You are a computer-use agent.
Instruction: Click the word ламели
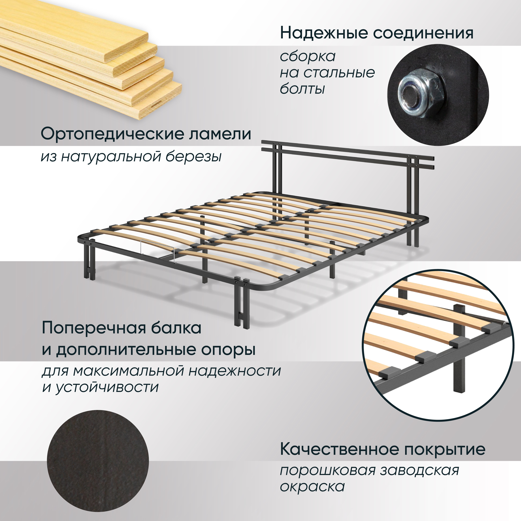(220, 134)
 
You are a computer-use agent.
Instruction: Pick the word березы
(193, 156)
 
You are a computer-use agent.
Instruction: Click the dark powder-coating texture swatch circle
(98, 461)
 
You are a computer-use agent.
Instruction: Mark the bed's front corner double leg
(242, 305)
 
